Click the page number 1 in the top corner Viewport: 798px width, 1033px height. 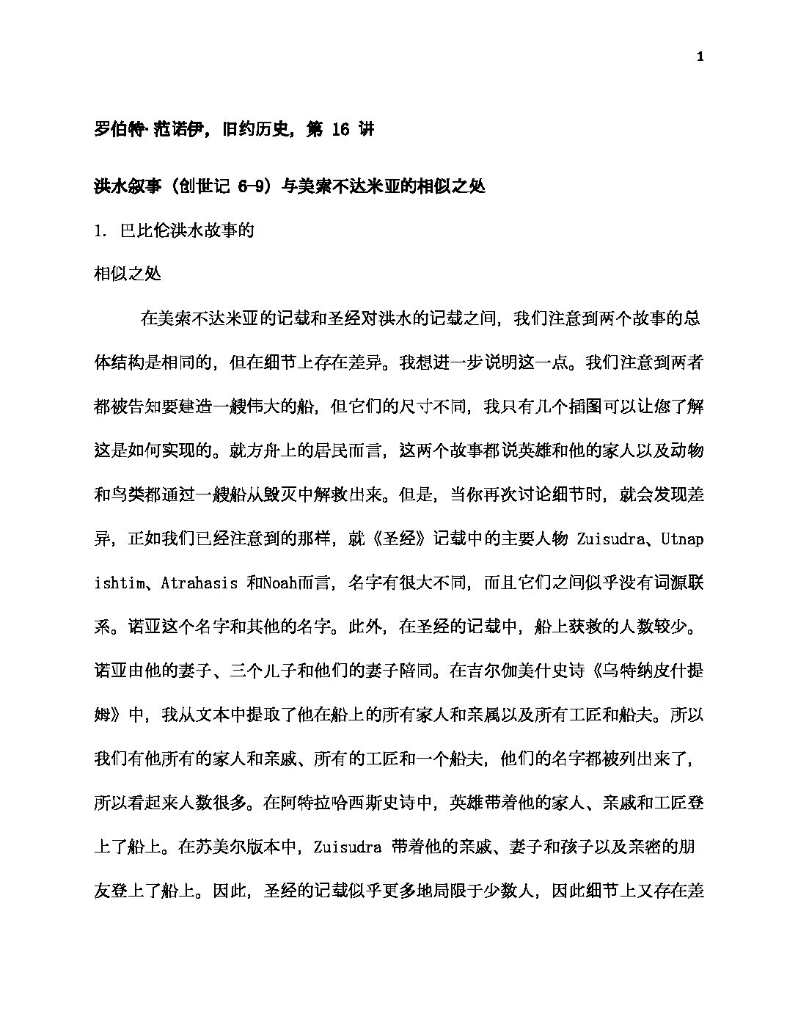[x=700, y=58]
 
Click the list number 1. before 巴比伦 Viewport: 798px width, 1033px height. [x=102, y=231]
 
